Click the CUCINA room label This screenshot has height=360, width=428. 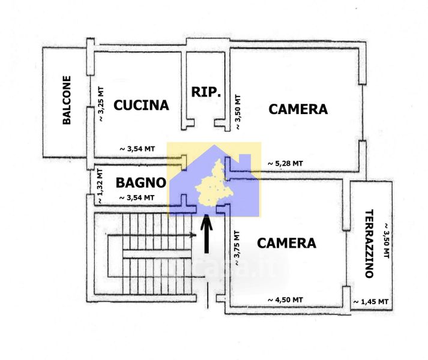pyautogui.click(x=141, y=105)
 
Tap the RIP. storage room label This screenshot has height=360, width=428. pyautogui.click(x=206, y=92)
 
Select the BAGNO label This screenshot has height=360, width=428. pyautogui.click(x=141, y=182)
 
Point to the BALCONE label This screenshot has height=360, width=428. pyautogui.click(x=67, y=100)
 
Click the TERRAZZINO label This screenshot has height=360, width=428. pyautogui.click(x=369, y=244)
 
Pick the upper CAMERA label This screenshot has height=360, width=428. pyautogui.click(x=298, y=109)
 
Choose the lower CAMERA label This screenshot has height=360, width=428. pyautogui.click(x=286, y=243)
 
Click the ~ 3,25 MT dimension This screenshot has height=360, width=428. pyautogui.click(x=101, y=104)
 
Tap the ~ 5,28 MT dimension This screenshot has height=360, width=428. pyautogui.click(x=285, y=163)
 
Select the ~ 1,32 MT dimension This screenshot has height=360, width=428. pyautogui.click(x=100, y=185)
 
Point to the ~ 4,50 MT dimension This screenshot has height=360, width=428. pyautogui.click(x=285, y=299)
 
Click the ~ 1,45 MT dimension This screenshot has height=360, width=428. pyautogui.click(x=371, y=302)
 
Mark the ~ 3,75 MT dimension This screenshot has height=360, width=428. pyautogui.click(x=237, y=248)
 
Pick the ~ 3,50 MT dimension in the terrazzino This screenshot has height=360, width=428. pyautogui.click(x=386, y=240)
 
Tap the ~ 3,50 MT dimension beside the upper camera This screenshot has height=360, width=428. pyautogui.click(x=238, y=112)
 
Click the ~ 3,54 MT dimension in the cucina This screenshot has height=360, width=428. pyautogui.click(x=137, y=149)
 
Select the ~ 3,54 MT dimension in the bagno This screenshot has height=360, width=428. pyautogui.click(x=137, y=197)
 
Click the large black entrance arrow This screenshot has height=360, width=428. pyautogui.click(x=206, y=234)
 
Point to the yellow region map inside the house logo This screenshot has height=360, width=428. pyautogui.click(x=214, y=183)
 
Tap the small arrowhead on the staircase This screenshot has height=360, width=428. pyautogui.click(x=193, y=235)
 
